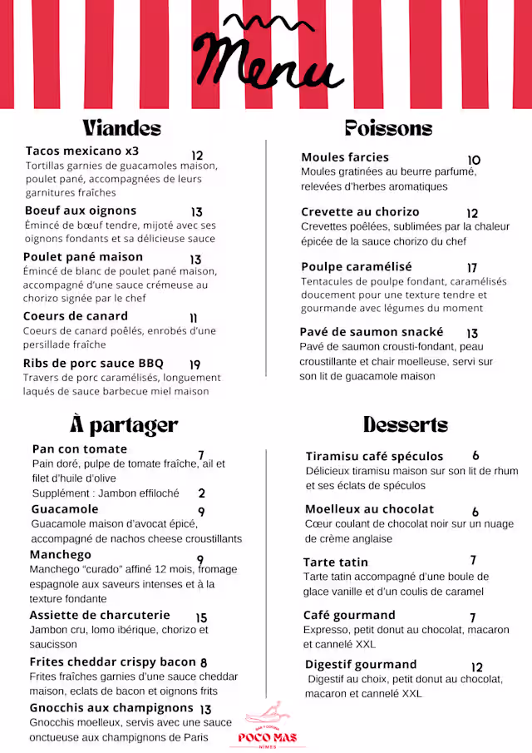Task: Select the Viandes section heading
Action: (x=121, y=127)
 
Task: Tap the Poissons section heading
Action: (x=388, y=127)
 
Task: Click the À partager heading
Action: (x=124, y=424)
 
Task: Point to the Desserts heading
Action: (x=406, y=424)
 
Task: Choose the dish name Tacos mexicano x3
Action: (x=82, y=151)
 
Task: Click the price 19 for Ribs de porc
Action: (x=195, y=364)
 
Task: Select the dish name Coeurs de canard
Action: (x=76, y=315)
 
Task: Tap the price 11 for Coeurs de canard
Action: (x=194, y=318)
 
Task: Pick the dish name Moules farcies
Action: (x=345, y=156)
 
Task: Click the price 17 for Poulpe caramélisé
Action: (x=472, y=268)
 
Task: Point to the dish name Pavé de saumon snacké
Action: (x=372, y=331)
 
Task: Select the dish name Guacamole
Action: (x=65, y=508)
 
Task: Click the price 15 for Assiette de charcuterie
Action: (x=201, y=617)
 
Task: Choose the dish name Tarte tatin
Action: (x=336, y=562)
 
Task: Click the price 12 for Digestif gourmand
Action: (x=476, y=667)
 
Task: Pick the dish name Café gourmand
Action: (x=349, y=615)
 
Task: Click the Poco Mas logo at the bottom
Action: (x=267, y=726)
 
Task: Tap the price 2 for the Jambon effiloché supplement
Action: (x=201, y=493)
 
